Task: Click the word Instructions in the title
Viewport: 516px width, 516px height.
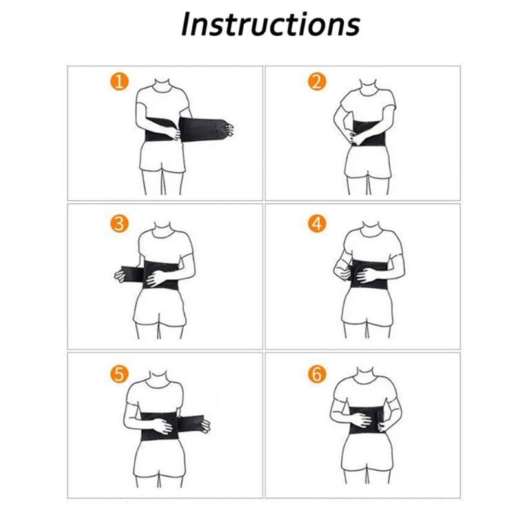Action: tap(270, 25)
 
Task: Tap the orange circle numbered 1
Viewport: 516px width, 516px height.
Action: tap(119, 82)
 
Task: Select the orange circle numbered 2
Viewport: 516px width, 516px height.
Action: tap(317, 82)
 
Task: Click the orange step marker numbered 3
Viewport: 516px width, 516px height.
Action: tap(119, 224)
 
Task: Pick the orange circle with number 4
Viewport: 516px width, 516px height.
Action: tap(317, 224)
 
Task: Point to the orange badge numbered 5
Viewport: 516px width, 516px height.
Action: tap(119, 374)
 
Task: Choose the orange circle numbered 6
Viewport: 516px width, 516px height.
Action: tap(317, 374)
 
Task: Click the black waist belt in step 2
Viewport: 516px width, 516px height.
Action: tap(368, 134)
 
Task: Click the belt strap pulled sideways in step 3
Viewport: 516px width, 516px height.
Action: tap(132, 274)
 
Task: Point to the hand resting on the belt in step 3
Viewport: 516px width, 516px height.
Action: tap(157, 278)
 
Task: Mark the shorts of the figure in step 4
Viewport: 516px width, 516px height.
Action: tap(367, 306)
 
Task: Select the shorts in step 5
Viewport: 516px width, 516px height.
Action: tap(159, 458)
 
